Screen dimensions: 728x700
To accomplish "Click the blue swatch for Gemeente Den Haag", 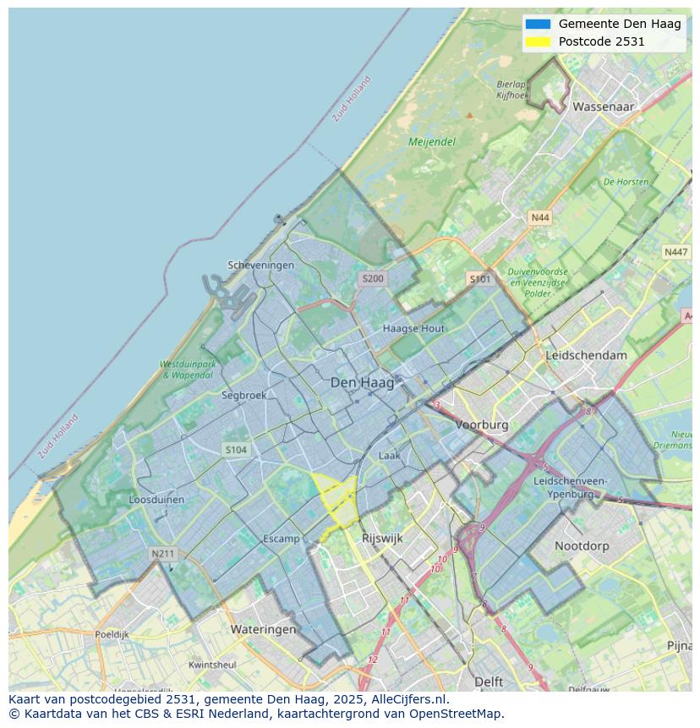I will (x=537, y=24).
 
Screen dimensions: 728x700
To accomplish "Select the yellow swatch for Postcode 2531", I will (x=537, y=41).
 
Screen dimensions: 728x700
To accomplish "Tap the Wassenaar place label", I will (x=603, y=107).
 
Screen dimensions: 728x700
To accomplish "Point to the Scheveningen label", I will (x=260, y=265).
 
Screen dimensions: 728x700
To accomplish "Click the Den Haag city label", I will (x=362, y=383).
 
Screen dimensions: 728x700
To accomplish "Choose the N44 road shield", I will (x=539, y=218).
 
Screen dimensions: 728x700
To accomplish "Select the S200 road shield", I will (x=373, y=278).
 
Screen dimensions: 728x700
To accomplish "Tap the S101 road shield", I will (x=479, y=278).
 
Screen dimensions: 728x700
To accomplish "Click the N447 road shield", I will (x=675, y=252).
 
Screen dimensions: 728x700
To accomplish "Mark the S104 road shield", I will (x=236, y=450).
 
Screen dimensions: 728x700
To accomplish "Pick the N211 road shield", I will (x=162, y=554).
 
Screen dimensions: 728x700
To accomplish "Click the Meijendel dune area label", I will (x=432, y=142).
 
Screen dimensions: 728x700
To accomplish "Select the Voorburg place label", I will (x=482, y=424).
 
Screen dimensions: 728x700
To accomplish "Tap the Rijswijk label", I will (x=382, y=538).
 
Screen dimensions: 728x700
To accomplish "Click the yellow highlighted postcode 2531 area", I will (x=336, y=499).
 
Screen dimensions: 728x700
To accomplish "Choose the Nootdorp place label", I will (x=582, y=546).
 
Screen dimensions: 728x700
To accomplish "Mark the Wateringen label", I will (x=264, y=629).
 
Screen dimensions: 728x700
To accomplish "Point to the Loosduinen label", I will (x=156, y=500).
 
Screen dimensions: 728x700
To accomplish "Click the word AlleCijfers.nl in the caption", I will (x=409, y=699).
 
